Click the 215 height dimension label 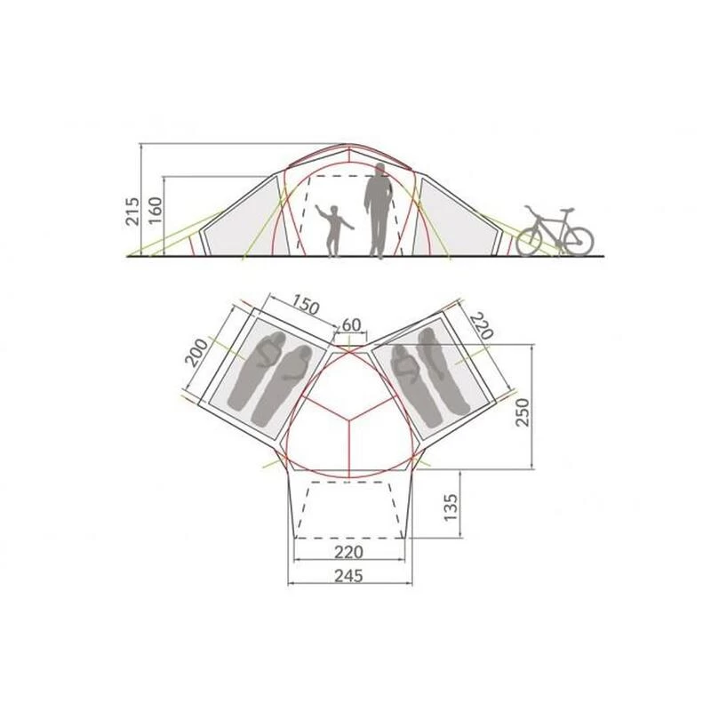(x=133, y=212)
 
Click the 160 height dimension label (x=155, y=210)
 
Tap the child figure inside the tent (x=334, y=230)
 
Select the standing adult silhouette (x=378, y=211)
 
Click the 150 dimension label (x=305, y=305)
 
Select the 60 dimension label (x=351, y=324)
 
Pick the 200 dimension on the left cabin (x=196, y=352)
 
